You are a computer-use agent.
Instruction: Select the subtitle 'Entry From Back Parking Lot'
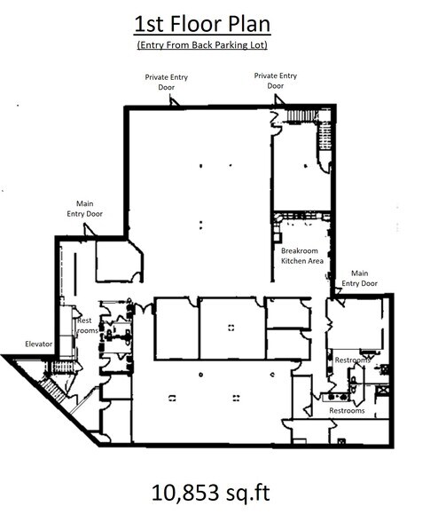pyautogui.click(x=202, y=44)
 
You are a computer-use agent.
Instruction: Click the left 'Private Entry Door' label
pyautogui.click(x=166, y=82)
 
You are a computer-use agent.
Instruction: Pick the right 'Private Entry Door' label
pyautogui.click(x=275, y=82)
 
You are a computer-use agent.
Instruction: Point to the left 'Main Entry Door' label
pyautogui.click(x=84, y=209)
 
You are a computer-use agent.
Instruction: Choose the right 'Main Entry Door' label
pyautogui.click(x=364, y=278)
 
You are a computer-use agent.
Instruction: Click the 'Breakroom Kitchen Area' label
pyautogui.click(x=301, y=256)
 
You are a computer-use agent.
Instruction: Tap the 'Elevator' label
pyautogui.click(x=40, y=343)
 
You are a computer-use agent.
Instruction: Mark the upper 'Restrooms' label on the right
pyautogui.click(x=352, y=360)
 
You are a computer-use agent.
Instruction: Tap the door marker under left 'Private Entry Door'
pyautogui.click(x=174, y=103)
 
